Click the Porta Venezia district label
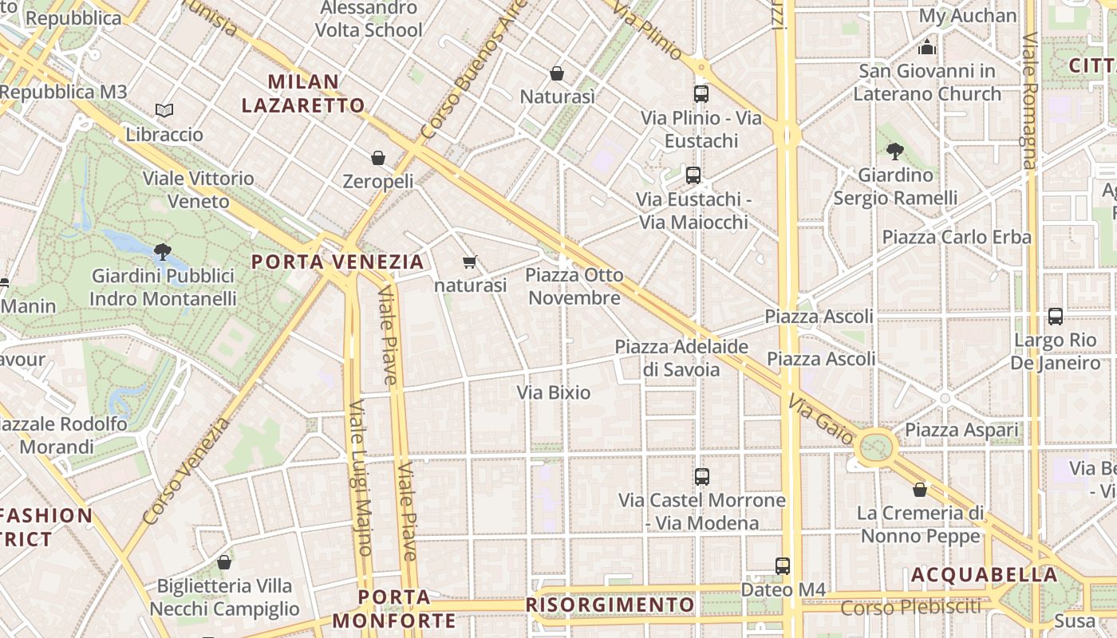337,262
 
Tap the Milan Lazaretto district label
303,93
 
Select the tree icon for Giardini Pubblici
163,252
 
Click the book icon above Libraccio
164,110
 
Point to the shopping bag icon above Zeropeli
378,158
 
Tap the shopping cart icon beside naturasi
470,262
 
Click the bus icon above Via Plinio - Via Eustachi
701,93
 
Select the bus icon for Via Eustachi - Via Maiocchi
693,175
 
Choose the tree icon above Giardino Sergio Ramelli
895,151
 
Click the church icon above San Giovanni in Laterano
926,47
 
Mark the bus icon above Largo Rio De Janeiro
1056,316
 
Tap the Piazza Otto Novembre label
574,286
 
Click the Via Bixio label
554,392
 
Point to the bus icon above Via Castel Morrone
702,476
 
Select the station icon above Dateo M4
783,565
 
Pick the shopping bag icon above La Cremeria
920,489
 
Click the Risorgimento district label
610,605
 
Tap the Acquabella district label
984,574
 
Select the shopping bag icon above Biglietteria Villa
224,562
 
